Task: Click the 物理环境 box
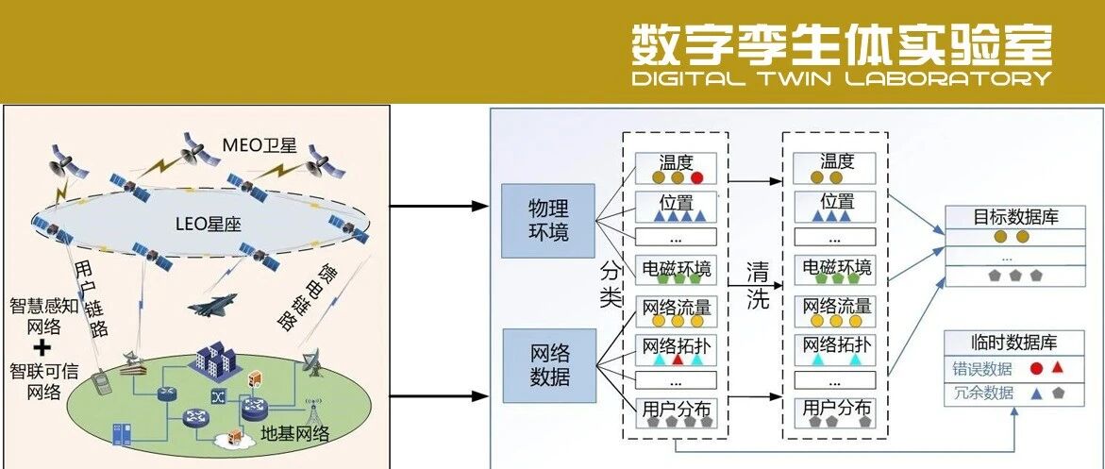(x=548, y=220)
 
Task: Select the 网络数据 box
(x=548, y=365)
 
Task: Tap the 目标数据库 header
(x=1016, y=217)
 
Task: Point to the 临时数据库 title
(x=1016, y=343)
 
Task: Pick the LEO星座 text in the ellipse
(x=210, y=224)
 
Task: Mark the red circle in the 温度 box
(x=696, y=177)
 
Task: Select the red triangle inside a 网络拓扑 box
(x=677, y=360)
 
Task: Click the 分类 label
(x=611, y=284)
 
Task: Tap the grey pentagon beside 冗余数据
(x=1058, y=393)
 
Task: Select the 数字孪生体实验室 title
(x=841, y=42)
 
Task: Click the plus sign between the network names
(x=41, y=346)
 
